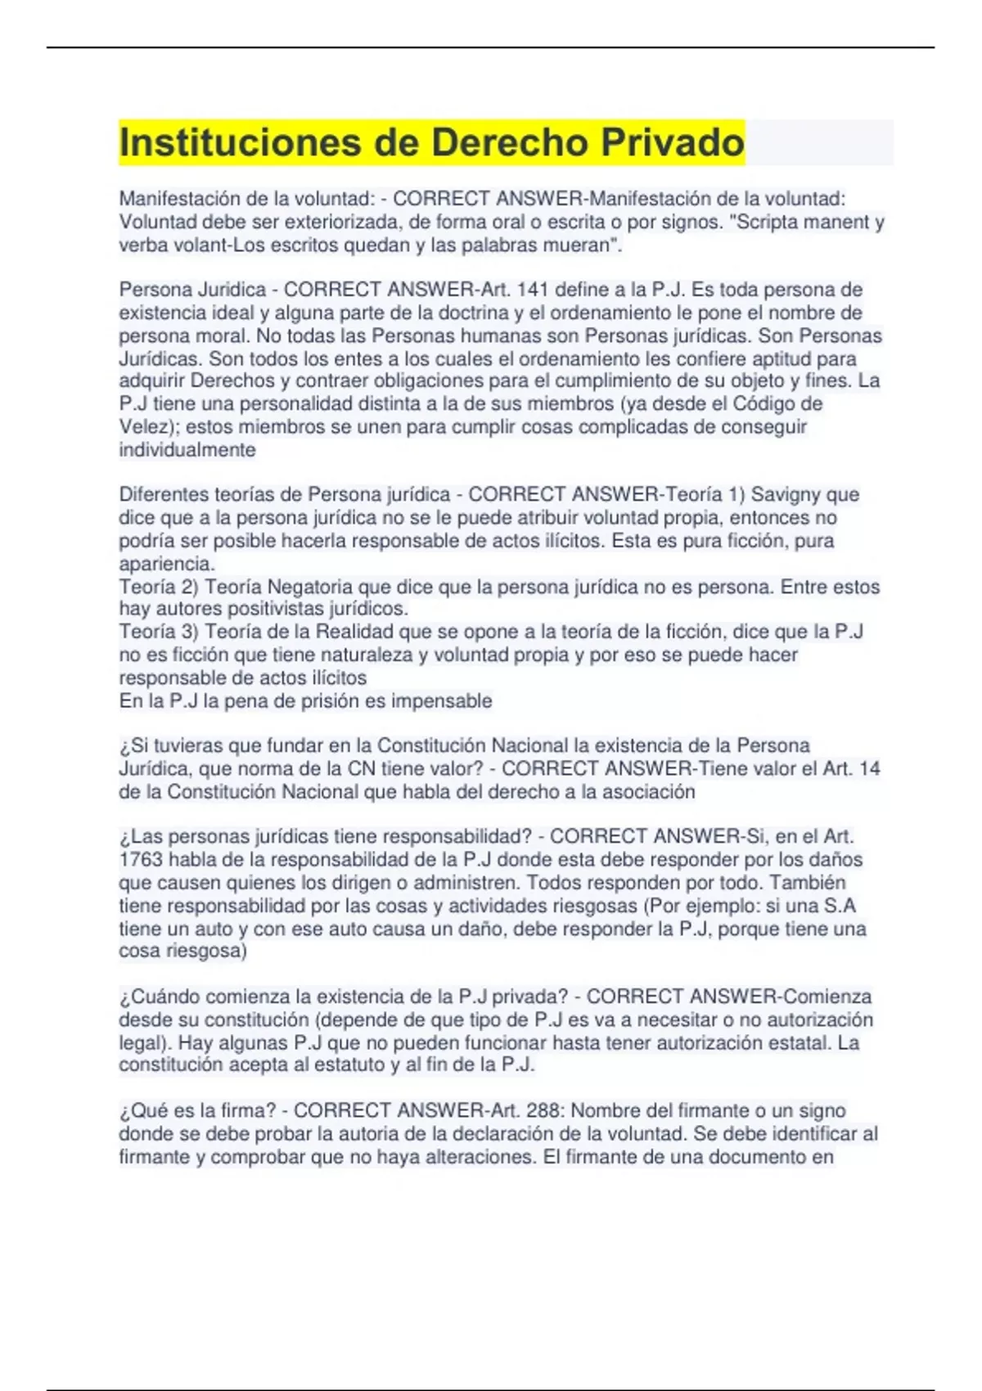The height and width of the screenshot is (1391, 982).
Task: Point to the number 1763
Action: click(x=141, y=859)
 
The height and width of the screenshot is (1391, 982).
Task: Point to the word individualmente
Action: click(x=187, y=450)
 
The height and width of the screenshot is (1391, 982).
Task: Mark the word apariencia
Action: click(x=166, y=564)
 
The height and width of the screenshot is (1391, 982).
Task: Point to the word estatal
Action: click(x=802, y=1043)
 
